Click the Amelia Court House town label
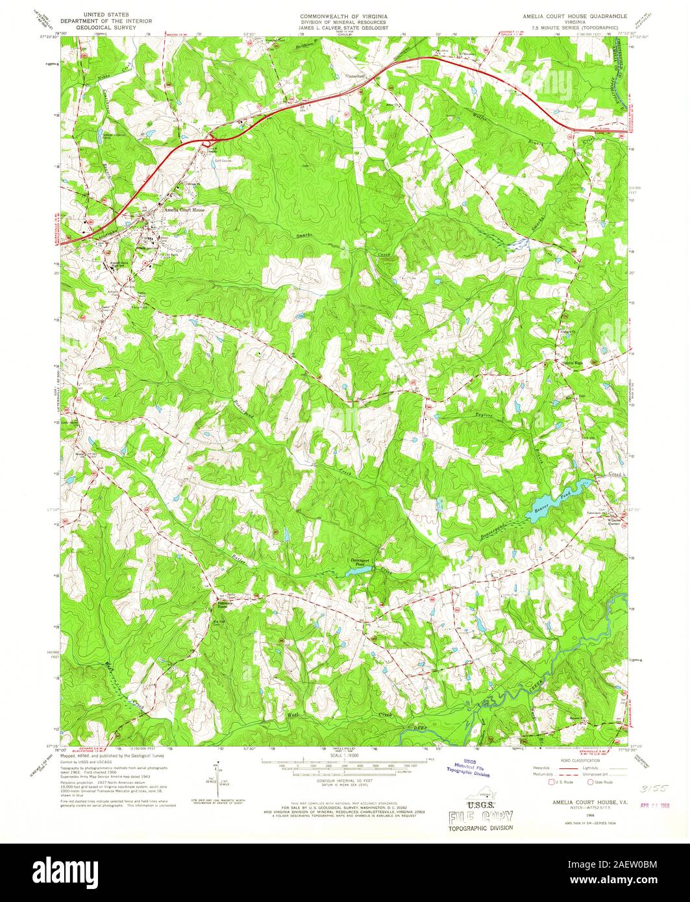coord(184,210)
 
